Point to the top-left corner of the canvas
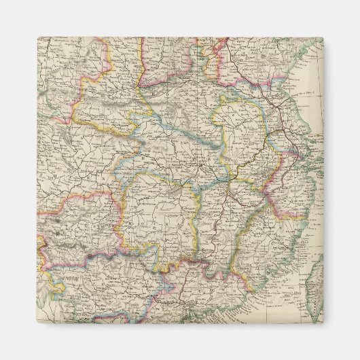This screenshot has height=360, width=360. pyautogui.click(x=37, y=37)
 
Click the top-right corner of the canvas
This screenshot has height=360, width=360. pyautogui.click(x=323, y=38)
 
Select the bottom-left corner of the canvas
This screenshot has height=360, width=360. pyautogui.click(x=37, y=323)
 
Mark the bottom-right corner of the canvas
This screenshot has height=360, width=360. pyautogui.click(x=323, y=323)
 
